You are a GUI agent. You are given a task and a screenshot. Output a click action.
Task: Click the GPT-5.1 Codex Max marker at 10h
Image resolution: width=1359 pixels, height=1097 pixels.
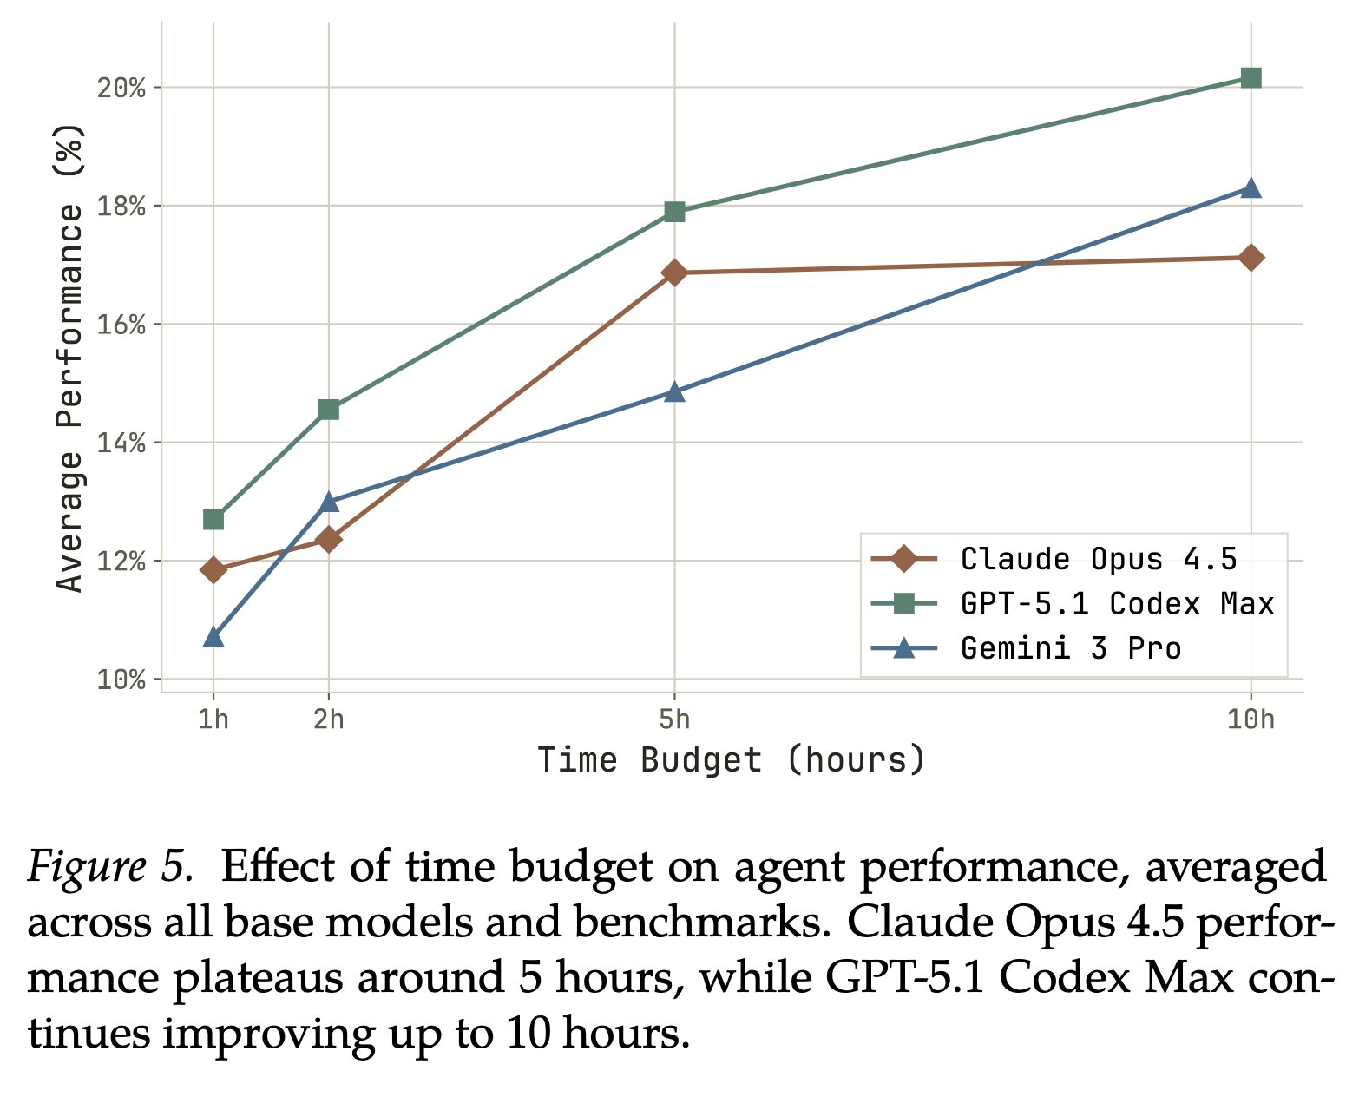tap(1251, 78)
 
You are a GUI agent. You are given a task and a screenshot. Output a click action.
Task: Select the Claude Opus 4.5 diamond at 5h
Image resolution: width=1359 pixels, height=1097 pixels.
tap(674, 273)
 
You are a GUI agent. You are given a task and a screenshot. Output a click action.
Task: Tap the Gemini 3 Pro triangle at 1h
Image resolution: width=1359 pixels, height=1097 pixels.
tap(213, 637)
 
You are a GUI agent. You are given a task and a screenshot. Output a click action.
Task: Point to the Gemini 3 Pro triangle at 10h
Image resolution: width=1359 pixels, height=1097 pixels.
tap(1251, 187)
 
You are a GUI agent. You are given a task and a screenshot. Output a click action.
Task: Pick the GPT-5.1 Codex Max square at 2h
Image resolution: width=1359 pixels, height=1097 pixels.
tap(329, 409)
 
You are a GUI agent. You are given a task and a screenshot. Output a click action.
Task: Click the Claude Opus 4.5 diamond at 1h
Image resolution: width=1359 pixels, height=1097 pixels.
tap(213, 569)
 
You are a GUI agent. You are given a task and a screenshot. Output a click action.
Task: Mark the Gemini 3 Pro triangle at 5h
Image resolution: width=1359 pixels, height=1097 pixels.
tap(674, 391)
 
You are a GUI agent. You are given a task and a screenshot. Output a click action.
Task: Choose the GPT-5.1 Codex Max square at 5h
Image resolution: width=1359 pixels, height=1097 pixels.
tap(674, 212)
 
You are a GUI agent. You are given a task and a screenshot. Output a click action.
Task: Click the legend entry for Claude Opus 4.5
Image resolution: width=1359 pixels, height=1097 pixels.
tap(1099, 559)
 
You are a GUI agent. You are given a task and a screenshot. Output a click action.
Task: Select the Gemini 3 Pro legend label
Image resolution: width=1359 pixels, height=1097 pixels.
tap(1071, 648)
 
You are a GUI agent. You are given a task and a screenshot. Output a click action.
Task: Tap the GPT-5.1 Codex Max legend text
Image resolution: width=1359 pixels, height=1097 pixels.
tap(1118, 604)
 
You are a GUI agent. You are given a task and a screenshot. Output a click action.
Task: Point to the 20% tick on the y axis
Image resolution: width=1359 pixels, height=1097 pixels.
tap(120, 88)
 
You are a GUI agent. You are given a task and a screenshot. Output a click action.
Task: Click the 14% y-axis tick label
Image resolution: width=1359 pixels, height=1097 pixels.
tap(120, 443)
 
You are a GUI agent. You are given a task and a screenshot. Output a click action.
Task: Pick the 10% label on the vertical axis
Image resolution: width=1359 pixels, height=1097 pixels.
tap(120, 680)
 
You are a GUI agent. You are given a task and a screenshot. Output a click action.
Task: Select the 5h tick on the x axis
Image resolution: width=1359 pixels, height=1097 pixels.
tap(674, 719)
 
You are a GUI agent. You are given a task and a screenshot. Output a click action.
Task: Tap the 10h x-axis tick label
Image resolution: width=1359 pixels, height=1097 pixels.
tap(1251, 719)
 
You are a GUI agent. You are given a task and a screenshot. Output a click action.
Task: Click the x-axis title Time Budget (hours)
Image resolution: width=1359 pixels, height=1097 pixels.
tap(732, 760)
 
